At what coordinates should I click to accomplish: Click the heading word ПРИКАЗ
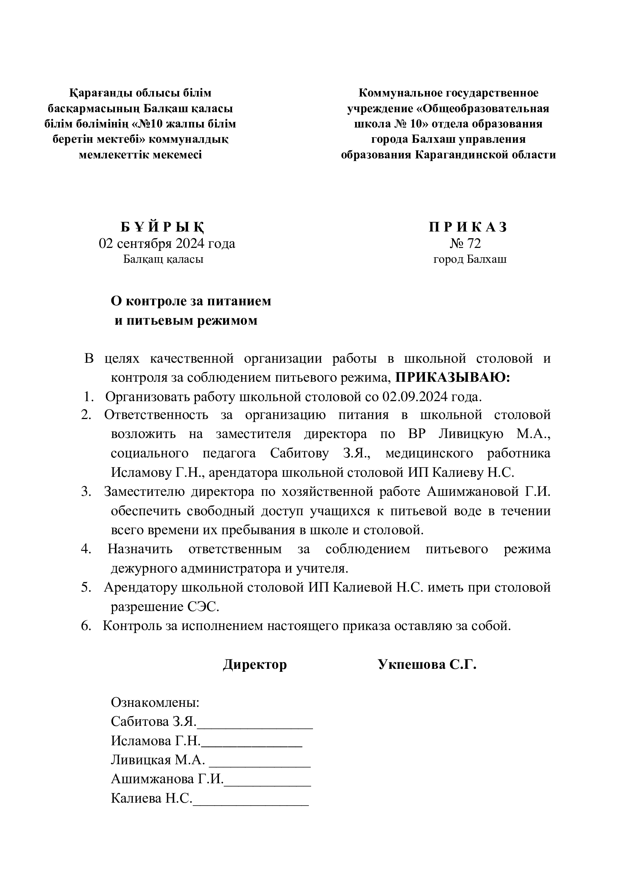(468, 227)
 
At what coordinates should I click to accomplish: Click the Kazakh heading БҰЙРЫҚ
(163, 227)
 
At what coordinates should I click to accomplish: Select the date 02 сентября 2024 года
(167, 243)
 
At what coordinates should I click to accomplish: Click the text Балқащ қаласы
(163, 259)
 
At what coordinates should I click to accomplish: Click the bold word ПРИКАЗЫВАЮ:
(452, 378)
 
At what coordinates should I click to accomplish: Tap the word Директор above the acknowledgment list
(254, 664)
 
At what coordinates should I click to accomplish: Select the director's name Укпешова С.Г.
(427, 664)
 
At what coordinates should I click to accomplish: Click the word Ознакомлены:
(155, 702)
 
